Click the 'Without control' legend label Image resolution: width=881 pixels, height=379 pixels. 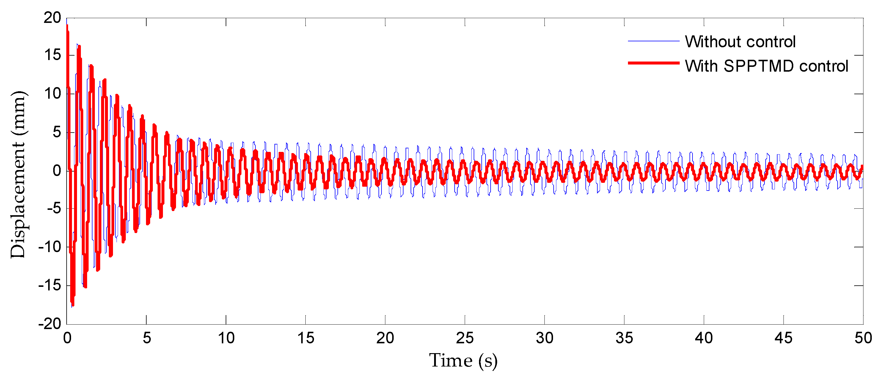click(x=740, y=42)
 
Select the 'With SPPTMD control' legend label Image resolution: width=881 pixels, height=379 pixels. click(x=767, y=66)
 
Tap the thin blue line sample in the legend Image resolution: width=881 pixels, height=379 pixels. click(x=653, y=41)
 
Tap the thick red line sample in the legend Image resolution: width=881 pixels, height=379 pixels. click(x=653, y=63)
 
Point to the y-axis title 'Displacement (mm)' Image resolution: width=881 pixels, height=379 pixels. click(x=18, y=174)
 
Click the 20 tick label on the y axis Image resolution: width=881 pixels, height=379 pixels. click(x=52, y=18)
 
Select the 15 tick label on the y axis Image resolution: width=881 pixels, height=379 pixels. click(x=52, y=55)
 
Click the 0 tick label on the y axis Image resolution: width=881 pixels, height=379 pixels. click(x=57, y=170)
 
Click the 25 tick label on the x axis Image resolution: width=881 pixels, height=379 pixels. click(x=465, y=338)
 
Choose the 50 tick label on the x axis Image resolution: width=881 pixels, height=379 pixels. click(x=863, y=338)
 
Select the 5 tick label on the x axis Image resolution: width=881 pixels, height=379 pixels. click(x=147, y=338)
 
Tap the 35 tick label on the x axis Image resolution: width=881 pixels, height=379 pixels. click(x=624, y=338)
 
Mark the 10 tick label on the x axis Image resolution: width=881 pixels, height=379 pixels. click(x=226, y=338)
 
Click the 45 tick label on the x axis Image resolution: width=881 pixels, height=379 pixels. click(x=783, y=338)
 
